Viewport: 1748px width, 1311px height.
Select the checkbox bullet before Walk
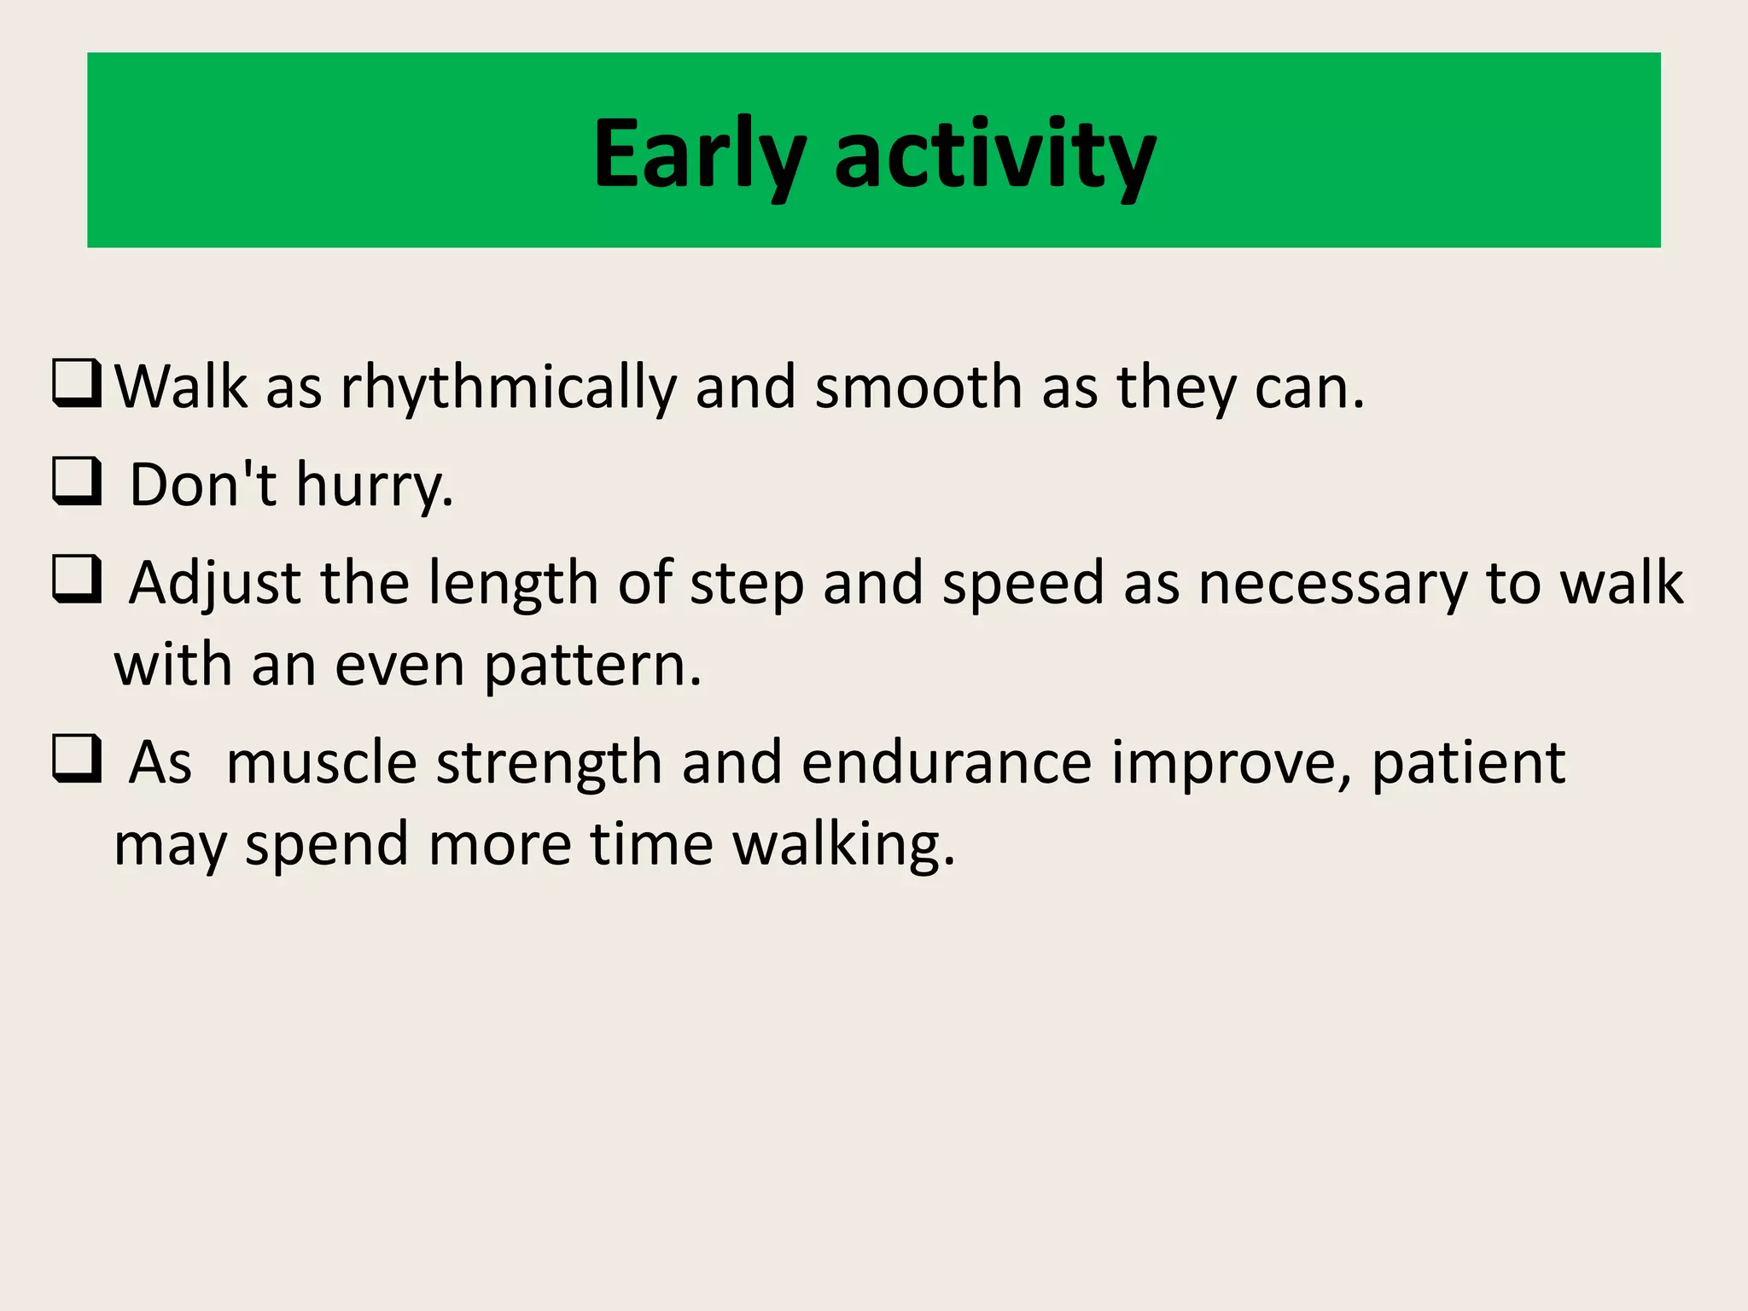[77, 383]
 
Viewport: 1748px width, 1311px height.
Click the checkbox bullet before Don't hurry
[77, 481]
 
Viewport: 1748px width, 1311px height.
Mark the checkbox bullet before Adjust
[77, 580]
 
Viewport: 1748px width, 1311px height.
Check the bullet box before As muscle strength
[77, 759]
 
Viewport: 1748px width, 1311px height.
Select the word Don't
[203, 484]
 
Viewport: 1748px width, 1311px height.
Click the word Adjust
[215, 584]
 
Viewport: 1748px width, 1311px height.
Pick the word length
[513, 584]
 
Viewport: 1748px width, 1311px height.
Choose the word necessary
[1332, 584]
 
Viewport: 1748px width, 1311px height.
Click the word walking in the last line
[844, 845]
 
